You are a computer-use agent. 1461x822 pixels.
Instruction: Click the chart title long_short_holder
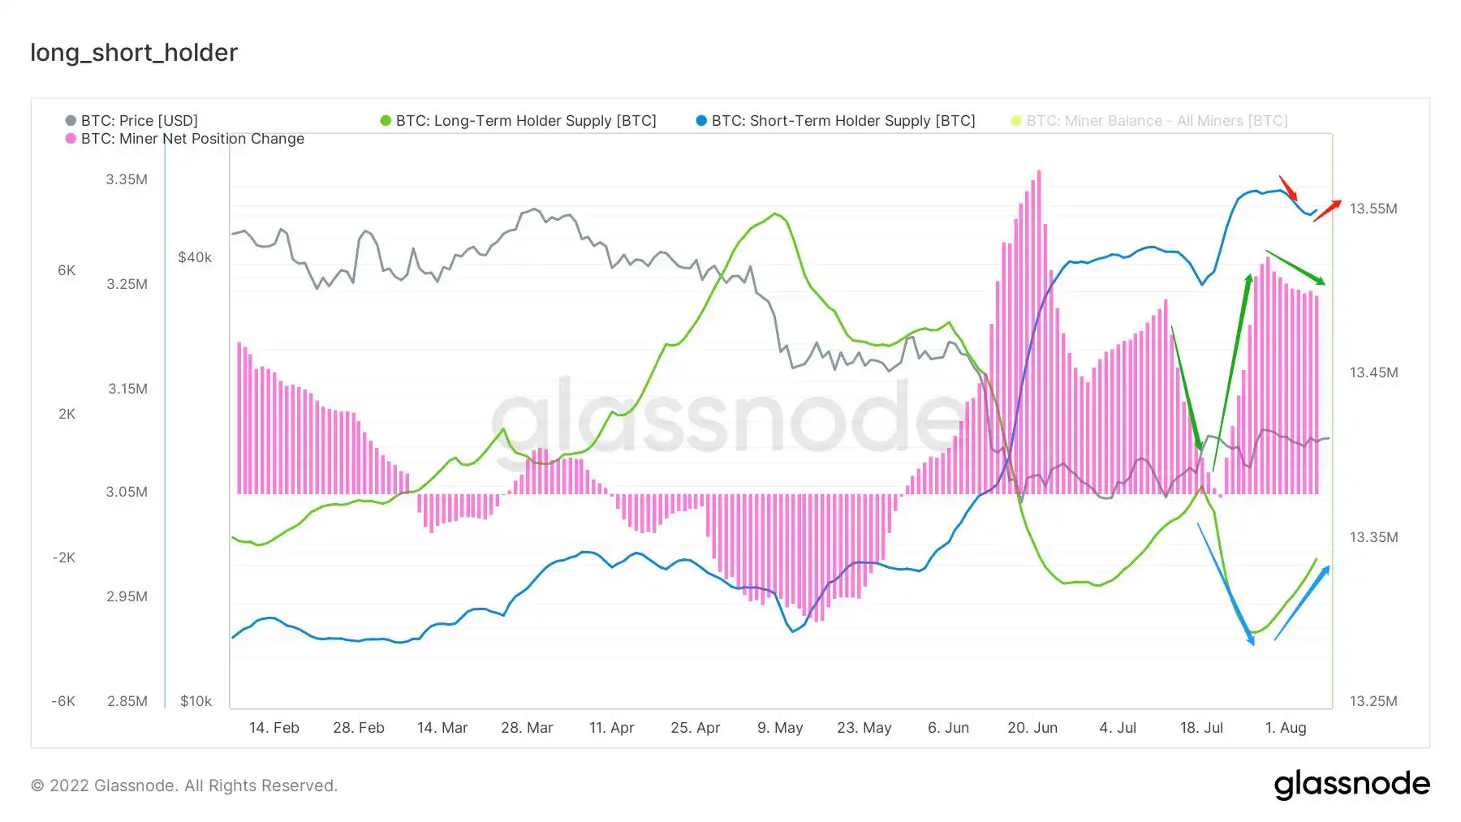[x=134, y=53]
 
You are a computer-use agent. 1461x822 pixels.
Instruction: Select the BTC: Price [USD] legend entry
[x=131, y=121]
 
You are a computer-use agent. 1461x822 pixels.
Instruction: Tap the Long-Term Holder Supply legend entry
[x=518, y=121]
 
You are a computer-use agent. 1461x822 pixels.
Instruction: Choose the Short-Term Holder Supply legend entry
[x=835, y=121]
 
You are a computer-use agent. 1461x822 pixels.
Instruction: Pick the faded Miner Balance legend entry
[x=1149, y=121]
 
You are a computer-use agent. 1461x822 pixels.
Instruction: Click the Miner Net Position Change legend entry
[x=185, y=139]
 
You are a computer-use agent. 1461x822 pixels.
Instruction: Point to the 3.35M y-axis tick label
[x=127, y=179]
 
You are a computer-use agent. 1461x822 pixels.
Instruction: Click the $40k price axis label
[x=195, y=257]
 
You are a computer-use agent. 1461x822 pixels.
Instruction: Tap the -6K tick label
[x=63, y=701]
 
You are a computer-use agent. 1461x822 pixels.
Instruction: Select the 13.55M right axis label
[x=1373, y=209]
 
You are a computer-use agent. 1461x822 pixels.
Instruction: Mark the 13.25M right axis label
[x=1373, y=701]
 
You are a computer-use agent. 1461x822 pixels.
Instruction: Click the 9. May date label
[x=780, y=728]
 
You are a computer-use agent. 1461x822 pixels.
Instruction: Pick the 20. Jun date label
[x=1032, y=728]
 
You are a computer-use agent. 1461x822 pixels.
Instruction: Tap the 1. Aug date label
[x=1286, y=728]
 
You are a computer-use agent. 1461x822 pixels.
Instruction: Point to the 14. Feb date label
[x=274, y=728]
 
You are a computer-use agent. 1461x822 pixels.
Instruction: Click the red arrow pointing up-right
[x=1328, y=210]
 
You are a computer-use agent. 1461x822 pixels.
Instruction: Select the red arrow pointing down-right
[x=1288, y=188]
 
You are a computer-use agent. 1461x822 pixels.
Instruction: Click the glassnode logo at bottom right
[x=1352, y=785]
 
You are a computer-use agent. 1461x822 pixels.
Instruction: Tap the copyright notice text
[x=184, y=785]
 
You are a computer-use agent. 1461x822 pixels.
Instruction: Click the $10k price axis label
[x=196, y=701]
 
